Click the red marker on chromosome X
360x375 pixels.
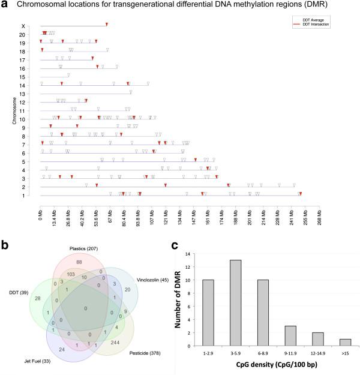coord(107,24)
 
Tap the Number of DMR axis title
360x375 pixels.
coord(178,298)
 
